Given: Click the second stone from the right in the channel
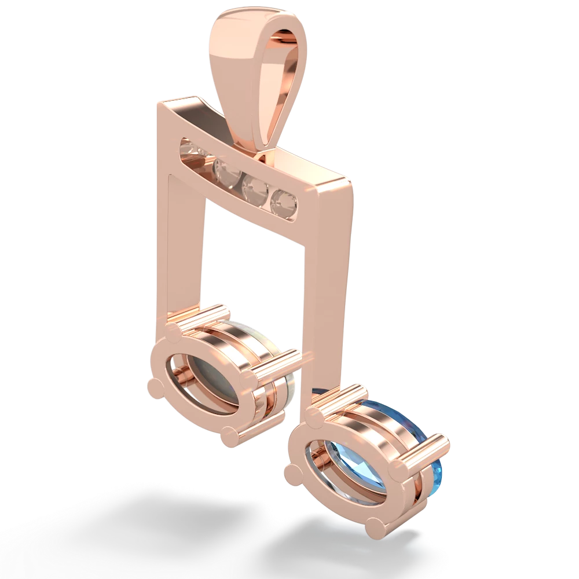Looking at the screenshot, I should tap(254, 188).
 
